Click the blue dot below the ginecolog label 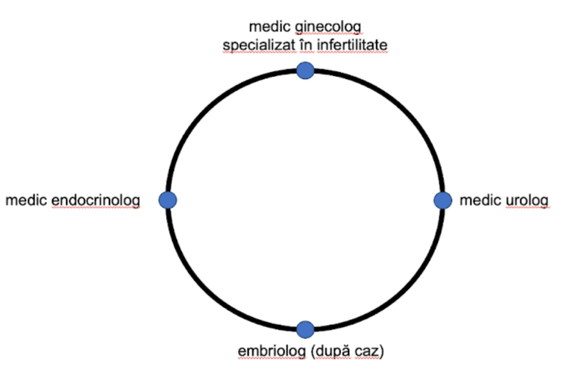[x=306, y=70]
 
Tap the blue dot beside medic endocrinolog [x=168, y=200]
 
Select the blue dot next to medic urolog [x=443, y=200]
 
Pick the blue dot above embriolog [x=306, y=329]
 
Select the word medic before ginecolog [x=270, y=27]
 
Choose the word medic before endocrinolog [x=27, y=200]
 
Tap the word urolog [x=527, y=200]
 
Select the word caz [x=368, y=351]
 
